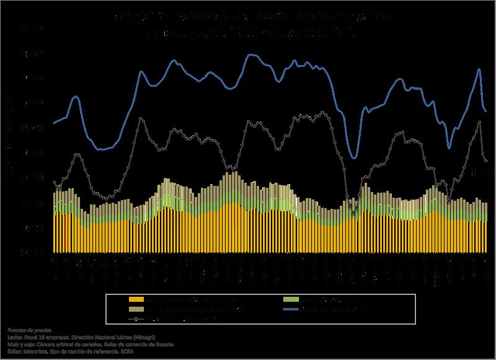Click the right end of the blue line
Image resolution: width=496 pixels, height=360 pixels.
pyautogui.click(x=485, y=111)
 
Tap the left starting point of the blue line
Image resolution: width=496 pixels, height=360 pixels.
pyautogui.click(x=54, y=123)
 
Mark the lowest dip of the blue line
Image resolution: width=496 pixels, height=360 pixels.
pyautogui.click(x=354, y=157)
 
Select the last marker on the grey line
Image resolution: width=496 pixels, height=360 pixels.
pyautogui.click(x=485, y=161)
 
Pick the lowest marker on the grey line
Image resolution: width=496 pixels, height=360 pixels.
pyautogui.click(x=354, y=214)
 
